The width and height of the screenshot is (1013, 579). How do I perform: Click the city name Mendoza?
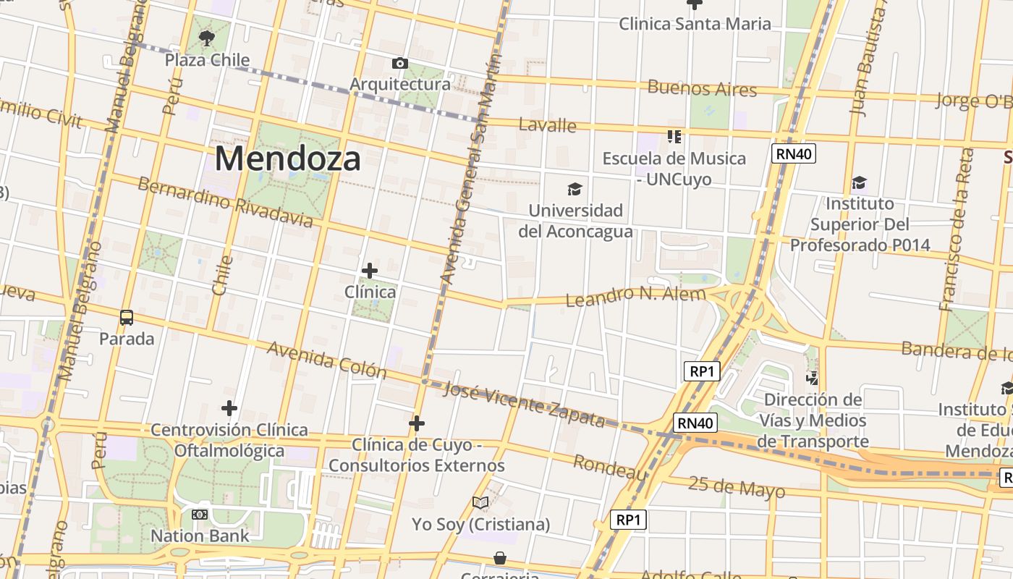click(287, 159)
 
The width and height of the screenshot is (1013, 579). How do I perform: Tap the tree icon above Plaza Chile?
click(207, 38)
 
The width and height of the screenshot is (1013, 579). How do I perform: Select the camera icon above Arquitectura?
click(399, 64)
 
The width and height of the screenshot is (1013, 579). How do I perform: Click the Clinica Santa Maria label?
click(695, 24)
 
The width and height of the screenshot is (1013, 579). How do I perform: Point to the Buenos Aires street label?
click(702, 89)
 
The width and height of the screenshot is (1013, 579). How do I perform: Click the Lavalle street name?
click(547, 125)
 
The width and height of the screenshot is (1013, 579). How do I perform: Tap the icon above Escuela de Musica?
click(674, 137)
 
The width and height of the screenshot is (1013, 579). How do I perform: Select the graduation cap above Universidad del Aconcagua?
click(575, 190)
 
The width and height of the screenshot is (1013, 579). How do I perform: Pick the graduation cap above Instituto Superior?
click(859, 182)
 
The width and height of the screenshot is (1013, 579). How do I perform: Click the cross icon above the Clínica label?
click(370, 271)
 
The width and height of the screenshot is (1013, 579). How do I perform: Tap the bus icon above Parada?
click(127, 317)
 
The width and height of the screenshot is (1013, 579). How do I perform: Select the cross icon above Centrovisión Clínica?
click(229, 408)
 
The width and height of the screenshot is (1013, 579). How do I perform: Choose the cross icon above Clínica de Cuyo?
click(416, 423)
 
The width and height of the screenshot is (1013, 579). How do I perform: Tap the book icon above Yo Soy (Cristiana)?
click(480, 502)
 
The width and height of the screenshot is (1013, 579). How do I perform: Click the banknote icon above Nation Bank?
click(199, 515)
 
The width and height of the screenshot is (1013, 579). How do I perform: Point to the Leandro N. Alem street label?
click(635, 297)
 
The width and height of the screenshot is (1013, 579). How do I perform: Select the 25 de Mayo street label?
click(736, 487)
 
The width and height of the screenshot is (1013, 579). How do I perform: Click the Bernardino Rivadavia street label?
click(225, 202)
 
